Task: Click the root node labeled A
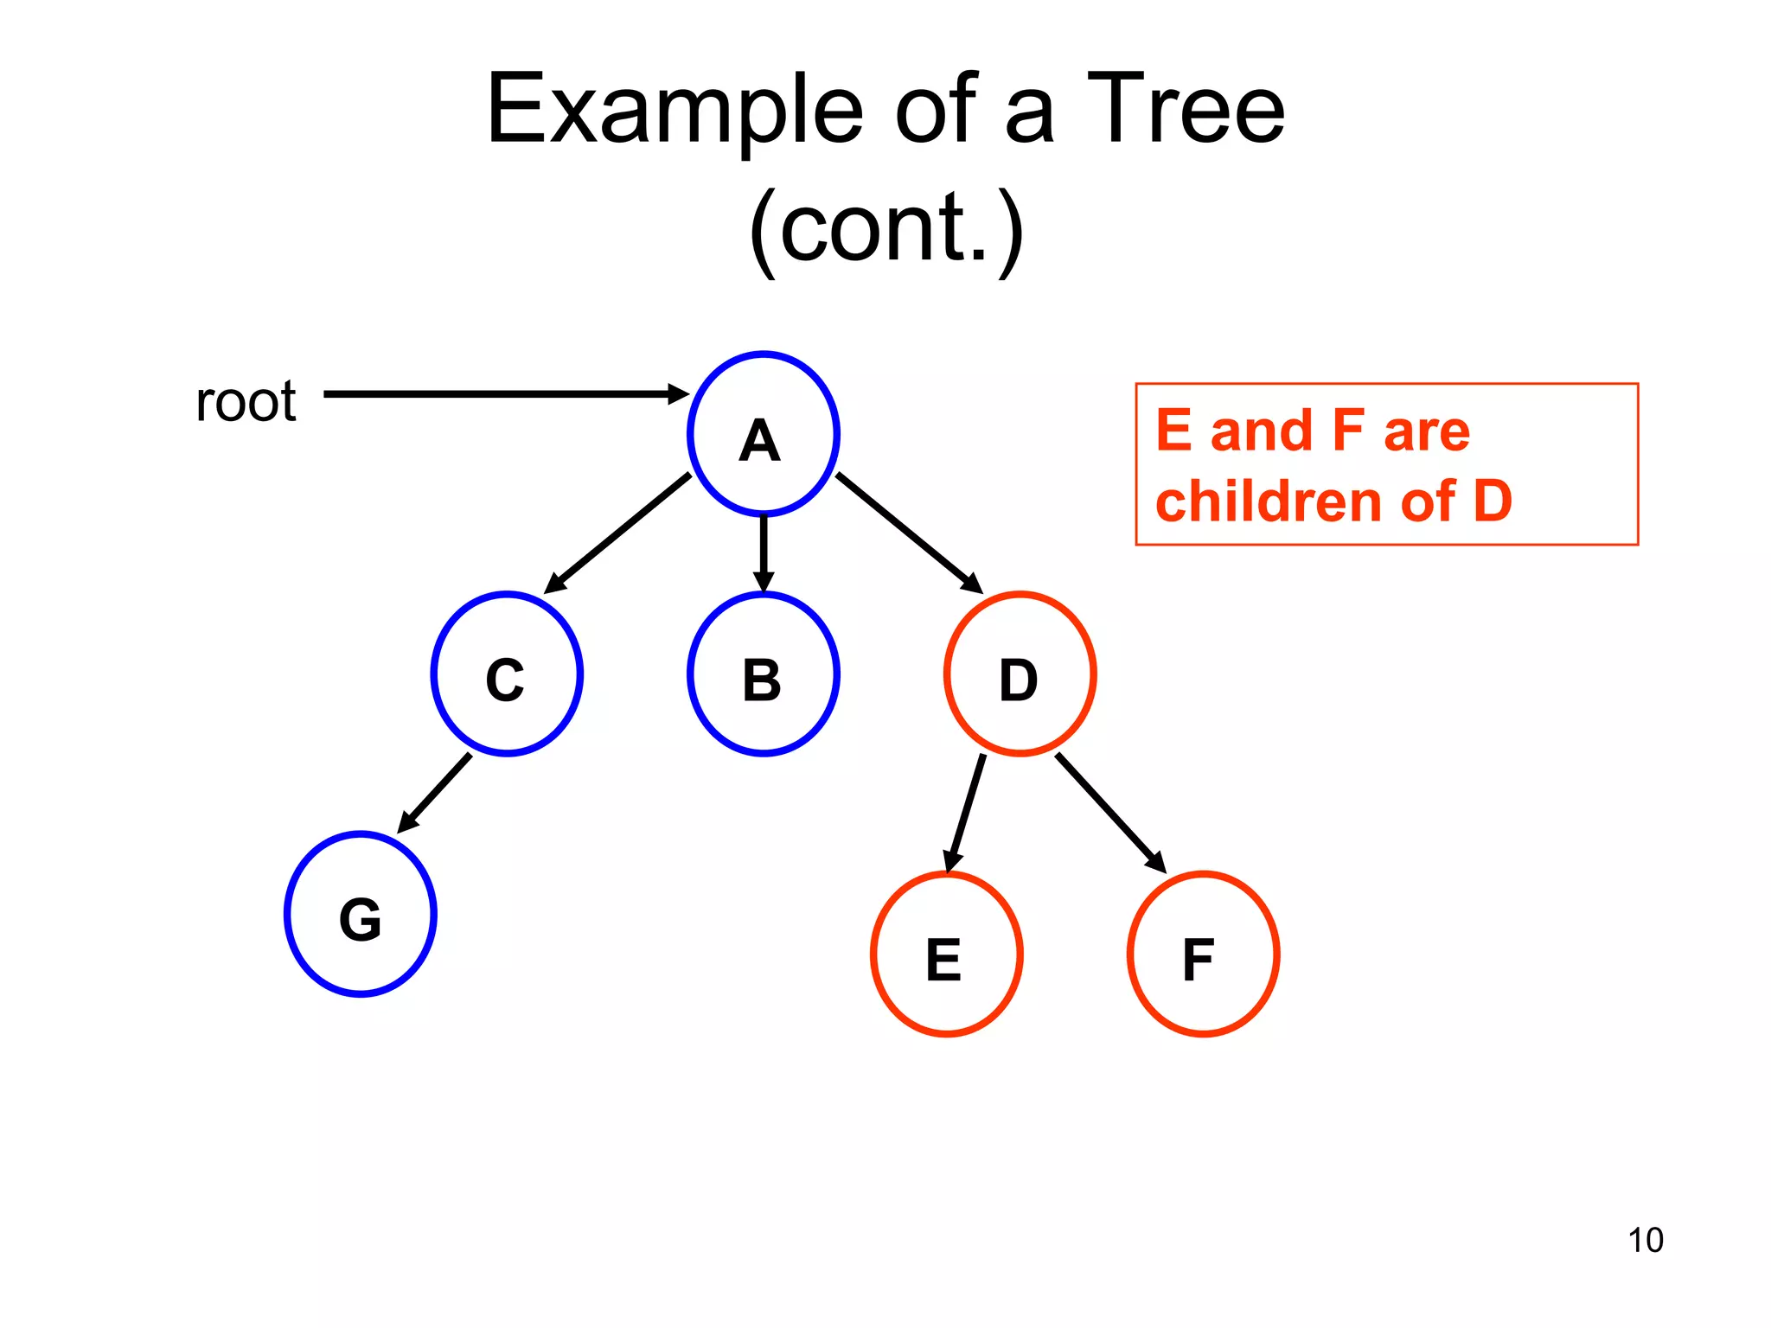(x=763, y=434)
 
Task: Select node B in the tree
(x=763, y=674)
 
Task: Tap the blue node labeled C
(x=507, y=674)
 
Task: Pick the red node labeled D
(x=1020, y=674)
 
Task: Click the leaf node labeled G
(x=361, y=915)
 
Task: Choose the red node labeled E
(x=946, y=954)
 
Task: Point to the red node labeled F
(x=1203, y=954)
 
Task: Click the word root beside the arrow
(x=246, y=401)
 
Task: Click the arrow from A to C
(x=617, y=533)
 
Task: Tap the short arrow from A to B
(x=763, y=553)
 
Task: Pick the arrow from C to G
(x=435, y=793)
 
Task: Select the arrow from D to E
(x=966, y=813)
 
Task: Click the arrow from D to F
(x=1110, y=813)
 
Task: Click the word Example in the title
(x=675, y=111)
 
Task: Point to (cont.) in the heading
(x=885, y=228)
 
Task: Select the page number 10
(x=1645, y=1240)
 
